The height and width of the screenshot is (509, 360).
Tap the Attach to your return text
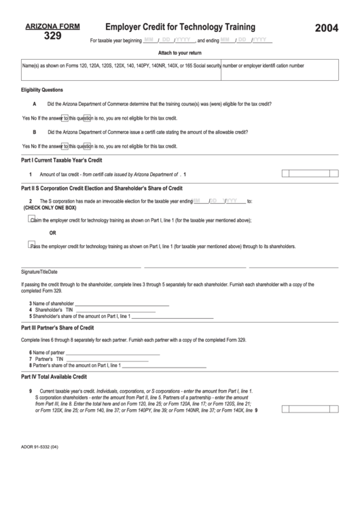click(179, 52)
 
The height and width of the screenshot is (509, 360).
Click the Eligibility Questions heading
click(42, 90)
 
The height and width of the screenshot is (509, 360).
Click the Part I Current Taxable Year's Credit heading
click(62, 160)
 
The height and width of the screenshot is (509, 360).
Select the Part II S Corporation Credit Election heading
click(102, 188)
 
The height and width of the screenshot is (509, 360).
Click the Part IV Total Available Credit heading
click(54, 376)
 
